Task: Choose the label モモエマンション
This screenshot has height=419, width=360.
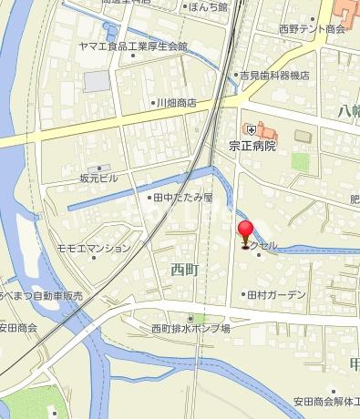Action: pos(93,249)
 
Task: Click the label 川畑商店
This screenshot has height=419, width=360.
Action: pos(177,103)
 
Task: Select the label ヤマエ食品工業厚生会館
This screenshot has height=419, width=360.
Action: pos(134,46)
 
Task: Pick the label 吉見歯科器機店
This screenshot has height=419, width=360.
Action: pos(274,76)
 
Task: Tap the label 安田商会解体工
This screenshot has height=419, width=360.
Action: pos(324,401)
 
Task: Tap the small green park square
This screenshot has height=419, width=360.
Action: pos(300,161)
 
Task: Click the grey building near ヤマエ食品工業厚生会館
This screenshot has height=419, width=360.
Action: pos(97,81)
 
